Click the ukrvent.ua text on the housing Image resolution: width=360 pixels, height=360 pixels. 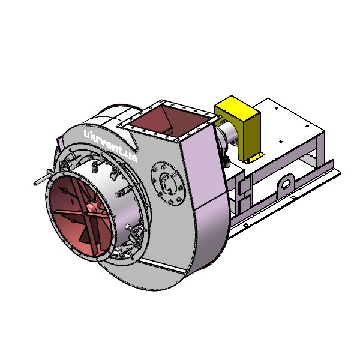(x=111, y=146)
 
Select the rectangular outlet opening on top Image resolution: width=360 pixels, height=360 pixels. (x=170, y=122)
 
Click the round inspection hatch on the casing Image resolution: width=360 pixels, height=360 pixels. (x=168, y=183)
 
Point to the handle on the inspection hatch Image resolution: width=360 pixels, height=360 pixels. (x=166, y=183)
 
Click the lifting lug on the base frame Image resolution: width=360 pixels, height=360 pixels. (x=286, y=184)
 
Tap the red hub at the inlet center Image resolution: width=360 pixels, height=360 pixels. (x=91, y=207)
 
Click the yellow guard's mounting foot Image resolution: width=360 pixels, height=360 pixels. (x=255, y=158)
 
